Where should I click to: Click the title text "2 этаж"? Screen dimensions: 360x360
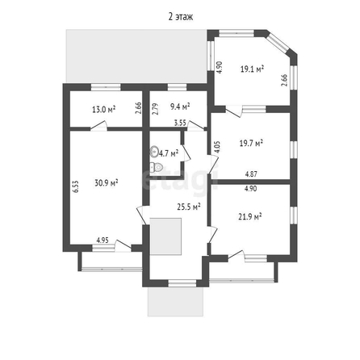coord(181,17)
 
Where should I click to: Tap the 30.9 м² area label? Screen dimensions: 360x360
coord(107,183)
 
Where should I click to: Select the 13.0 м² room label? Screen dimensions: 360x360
coord(103,110)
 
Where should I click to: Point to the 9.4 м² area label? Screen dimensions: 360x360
coord(180,107)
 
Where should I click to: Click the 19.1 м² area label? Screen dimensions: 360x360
coord(252,69)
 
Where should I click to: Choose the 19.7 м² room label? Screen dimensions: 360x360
coord(251,143)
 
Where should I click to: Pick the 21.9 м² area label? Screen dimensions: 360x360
coord(250,216)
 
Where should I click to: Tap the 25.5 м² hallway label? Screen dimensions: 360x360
coord(189,207)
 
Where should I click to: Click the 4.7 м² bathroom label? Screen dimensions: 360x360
coord(169,154)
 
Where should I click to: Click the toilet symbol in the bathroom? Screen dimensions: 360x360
coord(157,167)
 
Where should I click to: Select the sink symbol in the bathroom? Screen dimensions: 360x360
coord(154,152)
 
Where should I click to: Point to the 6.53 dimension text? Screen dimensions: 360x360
coord(76,186)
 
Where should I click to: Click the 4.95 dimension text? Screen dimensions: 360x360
coord(103,240)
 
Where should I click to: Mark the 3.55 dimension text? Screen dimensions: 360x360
coord(180,123)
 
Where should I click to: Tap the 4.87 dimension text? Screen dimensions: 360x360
coord(251,174)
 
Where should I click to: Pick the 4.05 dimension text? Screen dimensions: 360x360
coord(217,147)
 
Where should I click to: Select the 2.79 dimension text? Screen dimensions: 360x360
coord(155,109)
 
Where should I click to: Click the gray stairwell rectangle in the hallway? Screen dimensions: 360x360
coord(165,237)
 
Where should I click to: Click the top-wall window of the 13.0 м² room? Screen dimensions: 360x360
coord(106,87)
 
